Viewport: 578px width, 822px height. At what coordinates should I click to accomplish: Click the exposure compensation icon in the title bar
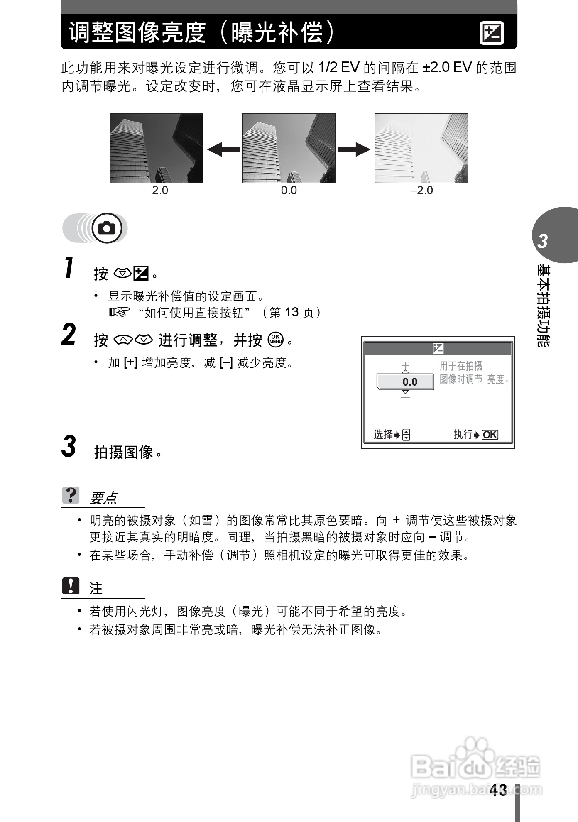click(x=492, y=33)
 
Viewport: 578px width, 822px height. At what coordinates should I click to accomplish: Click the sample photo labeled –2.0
click(x=157, y=148)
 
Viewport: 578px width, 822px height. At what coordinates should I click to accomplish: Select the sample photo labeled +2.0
click(x=421, y=148)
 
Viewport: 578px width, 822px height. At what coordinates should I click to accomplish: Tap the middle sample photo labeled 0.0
click(x=289, y=148)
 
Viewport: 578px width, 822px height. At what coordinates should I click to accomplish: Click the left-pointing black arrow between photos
click(x=223, y=149)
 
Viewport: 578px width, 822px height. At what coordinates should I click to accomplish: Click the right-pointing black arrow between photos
click(x=354, y=149)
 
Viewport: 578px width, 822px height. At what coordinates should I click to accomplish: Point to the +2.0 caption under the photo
click(x=421, y=191)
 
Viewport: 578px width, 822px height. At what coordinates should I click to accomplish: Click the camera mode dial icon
click(x=107, y=228)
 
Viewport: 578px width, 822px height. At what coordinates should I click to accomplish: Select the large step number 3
click(x=69, y=447)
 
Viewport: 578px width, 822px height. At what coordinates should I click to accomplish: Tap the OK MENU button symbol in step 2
click(x=276, y=340)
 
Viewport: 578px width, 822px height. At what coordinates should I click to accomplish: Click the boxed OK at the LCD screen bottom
click(x=490, y=435)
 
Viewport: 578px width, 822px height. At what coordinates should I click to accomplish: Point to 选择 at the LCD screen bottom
click(x=383, y=435)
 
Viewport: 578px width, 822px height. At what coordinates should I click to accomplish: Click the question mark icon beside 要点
click(x=71, y=495)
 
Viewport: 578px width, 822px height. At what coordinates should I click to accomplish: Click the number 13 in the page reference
click(x=292, y=312)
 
